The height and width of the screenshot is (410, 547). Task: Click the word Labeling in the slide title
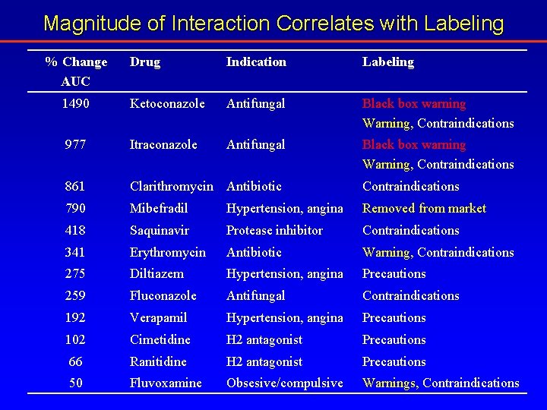[x=463, y=24]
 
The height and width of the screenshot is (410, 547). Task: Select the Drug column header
[x=145, y=61]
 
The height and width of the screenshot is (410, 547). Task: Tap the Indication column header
[x=256, y=61]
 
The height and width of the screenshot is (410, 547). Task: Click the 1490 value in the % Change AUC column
[x=76, y=103]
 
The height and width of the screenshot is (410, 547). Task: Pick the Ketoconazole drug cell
[x=167, y=103]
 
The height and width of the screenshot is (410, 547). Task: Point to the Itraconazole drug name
[x=163, y=144]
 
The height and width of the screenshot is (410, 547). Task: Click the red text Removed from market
[x=424, y=208]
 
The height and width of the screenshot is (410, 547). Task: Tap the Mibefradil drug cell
[x=159, y=208]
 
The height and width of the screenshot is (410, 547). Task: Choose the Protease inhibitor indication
[x=274, y=230]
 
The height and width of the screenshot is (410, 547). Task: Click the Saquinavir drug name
[x=160, y=230]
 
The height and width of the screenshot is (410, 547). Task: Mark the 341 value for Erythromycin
[x=76, y=252]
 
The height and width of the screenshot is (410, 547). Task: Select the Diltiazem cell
[x=157, y=273]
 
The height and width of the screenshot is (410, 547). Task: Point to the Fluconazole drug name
[x=163, y=295]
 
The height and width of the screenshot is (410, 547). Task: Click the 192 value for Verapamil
[x=76, y=317]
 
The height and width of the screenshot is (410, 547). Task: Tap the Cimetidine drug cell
[x=160, y=339]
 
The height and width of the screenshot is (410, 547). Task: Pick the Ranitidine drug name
[x=158, y=361]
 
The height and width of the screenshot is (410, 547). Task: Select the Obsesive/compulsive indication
[x=285, y=383]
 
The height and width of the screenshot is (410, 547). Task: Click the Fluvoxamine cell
[x=166, y=383]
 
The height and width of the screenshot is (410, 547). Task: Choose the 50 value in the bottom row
[x=76, y=383]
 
